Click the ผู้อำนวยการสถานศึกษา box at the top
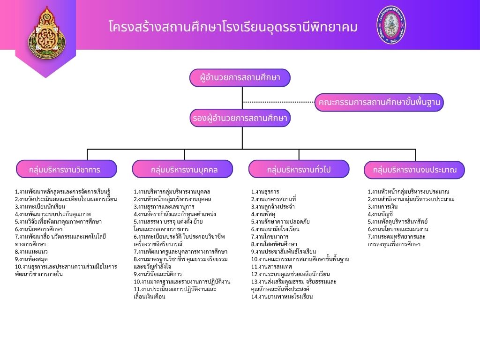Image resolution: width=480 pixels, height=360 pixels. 240,78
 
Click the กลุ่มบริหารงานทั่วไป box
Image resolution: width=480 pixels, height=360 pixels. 299,169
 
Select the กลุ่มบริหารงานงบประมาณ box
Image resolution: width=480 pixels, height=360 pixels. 414,169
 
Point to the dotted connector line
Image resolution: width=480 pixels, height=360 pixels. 278,102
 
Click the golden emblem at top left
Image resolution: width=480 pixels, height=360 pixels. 45,33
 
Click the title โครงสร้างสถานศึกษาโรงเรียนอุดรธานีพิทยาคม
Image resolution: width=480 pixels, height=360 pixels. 232,27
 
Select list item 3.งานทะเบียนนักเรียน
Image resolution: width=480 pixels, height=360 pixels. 40,206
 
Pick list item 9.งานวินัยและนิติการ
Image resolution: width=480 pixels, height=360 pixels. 157,274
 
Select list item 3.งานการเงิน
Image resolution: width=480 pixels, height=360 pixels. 382,206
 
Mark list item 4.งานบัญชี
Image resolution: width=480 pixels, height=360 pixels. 380,214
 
